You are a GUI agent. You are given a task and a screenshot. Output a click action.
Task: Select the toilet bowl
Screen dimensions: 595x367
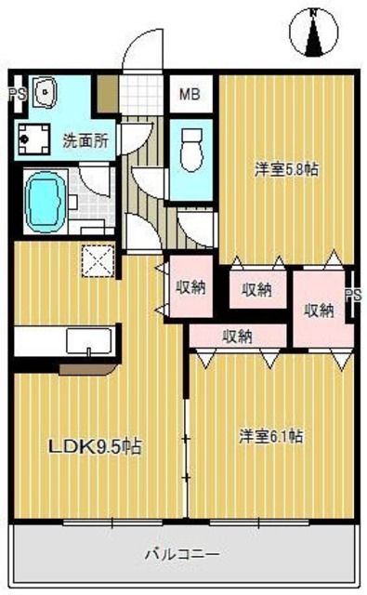(192, 146)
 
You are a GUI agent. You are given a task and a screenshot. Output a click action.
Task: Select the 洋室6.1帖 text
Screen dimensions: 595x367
(273, 435)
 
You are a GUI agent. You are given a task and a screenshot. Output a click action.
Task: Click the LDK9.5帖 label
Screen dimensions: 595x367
(95, 447)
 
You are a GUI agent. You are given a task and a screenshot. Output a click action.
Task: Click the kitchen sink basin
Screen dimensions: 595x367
(88, 341)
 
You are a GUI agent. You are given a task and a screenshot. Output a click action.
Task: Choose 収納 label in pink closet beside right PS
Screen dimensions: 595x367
(318, 311)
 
